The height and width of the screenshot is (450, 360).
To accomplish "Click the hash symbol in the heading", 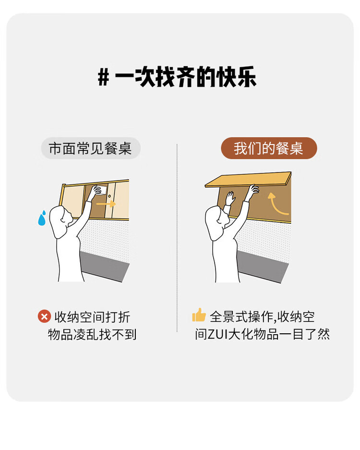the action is point(103,77).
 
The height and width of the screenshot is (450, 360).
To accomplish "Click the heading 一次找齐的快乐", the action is point(185,77).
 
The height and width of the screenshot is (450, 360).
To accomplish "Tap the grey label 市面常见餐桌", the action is point(91,148).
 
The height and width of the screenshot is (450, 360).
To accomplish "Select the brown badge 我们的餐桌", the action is point(269,148).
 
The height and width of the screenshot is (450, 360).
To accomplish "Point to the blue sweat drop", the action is point(42,218).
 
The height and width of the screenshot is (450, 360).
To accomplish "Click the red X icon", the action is point(44,316).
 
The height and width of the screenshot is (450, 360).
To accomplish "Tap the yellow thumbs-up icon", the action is point(199,315).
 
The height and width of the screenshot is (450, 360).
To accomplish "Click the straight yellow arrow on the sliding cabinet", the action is point(106,204).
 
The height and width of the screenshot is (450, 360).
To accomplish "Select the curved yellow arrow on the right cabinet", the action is point(277,204).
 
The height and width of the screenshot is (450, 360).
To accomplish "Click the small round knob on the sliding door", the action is point(109,196).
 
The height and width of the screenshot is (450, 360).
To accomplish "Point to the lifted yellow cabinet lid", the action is point(248,179).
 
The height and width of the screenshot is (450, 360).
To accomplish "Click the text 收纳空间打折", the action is point(92,317).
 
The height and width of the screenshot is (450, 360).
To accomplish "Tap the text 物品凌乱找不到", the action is point(92,334).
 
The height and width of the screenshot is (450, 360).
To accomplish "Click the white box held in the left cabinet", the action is point(101,190).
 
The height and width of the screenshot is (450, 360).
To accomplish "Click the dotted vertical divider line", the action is point(177,238).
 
